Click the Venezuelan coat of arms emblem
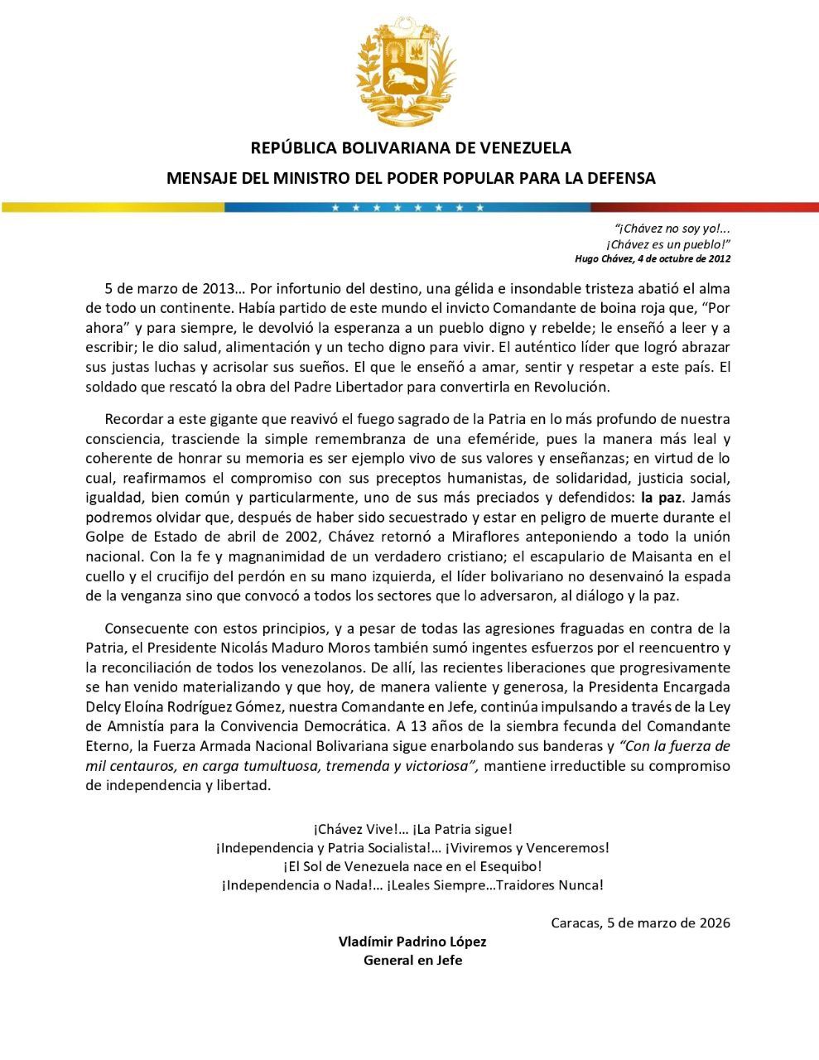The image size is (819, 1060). point(406,71)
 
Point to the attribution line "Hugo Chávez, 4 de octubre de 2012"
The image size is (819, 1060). point(653,258)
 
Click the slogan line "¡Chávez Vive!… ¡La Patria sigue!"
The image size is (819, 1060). point(412,828)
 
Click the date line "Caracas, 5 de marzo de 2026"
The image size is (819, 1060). point(640,923)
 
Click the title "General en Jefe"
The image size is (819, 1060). point(412,961)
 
